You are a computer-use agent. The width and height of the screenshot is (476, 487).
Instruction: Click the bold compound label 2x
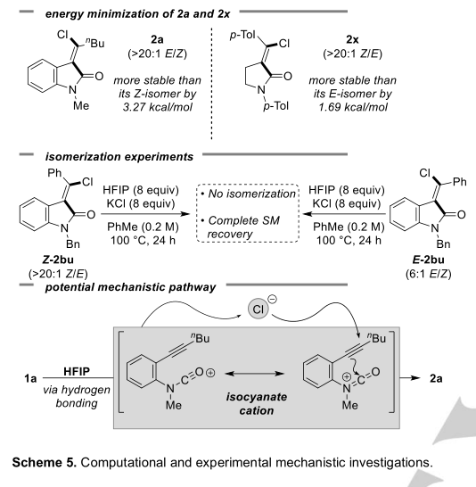click(352, 39)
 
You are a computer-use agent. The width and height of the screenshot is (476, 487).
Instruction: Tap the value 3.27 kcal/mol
click(157, 107)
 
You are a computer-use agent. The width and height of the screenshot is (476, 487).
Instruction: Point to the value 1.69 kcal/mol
click(353, 107)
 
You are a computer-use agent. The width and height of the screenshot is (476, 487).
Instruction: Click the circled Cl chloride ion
click(259, 309)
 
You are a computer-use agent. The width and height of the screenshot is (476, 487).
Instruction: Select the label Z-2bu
click(58, 260)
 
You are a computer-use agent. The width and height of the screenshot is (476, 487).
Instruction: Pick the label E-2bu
click(428, 260)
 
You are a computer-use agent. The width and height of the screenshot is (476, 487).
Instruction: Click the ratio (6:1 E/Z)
click(428, 274)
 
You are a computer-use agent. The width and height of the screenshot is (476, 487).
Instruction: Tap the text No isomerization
click(251, 194)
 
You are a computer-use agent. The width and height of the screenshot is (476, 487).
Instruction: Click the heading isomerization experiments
click(119, 157)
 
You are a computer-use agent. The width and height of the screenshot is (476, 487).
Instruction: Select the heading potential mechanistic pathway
click(130, 287)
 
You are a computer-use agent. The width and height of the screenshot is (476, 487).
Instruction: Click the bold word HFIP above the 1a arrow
click(77, 371)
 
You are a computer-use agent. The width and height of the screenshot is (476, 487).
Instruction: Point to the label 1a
click(30, 378)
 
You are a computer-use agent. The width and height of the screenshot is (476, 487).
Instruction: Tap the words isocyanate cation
click(257, 403)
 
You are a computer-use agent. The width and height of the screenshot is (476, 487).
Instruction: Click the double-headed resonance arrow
click(254, 374)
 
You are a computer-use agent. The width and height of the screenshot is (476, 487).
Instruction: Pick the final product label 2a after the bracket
click(436, 378)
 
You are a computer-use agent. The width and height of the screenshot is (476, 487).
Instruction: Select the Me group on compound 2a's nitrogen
click(81, 106)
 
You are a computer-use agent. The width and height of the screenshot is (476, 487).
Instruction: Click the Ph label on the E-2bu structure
click(460, 182)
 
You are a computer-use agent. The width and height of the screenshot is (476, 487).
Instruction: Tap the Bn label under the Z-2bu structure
click(73, 244)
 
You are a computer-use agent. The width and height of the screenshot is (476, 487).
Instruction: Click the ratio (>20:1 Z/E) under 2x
click(352, 54)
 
